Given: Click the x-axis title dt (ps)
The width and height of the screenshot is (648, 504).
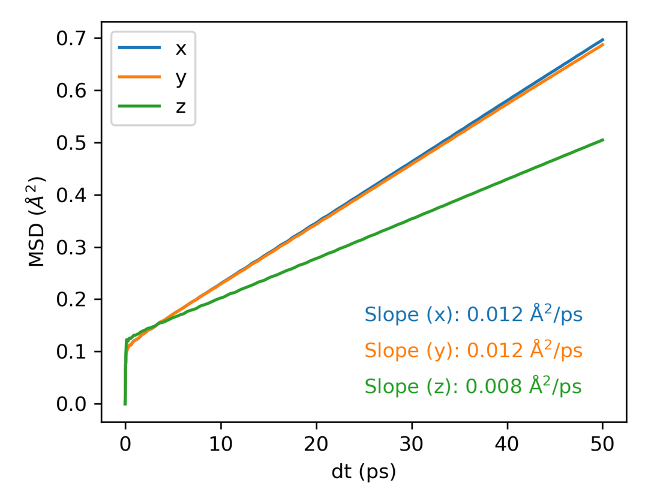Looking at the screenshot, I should pos(364,472).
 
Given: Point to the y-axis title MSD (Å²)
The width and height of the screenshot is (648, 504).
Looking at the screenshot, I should pos(37,221).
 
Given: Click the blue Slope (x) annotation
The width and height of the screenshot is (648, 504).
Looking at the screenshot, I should pos(473,314).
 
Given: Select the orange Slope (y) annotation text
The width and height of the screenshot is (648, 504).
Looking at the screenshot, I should pos(473,350).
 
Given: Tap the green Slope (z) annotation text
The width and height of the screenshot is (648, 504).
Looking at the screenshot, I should pos(473,386).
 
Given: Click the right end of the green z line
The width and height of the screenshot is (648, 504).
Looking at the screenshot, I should pos(602,140).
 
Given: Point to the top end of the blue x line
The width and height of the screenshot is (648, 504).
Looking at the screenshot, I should pos(602,40).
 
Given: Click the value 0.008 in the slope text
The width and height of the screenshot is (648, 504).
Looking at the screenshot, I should pos(494,387).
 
